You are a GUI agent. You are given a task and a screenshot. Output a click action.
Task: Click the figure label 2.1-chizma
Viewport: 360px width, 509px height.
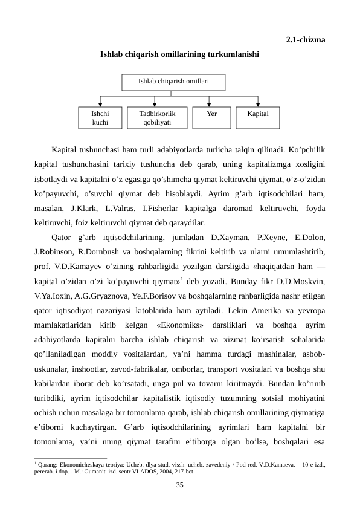coord(305,41)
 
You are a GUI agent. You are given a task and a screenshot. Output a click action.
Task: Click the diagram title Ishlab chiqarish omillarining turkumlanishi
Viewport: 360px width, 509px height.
coord(180,54)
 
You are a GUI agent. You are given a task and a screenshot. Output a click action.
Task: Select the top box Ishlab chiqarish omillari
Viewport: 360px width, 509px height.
coord(173,81)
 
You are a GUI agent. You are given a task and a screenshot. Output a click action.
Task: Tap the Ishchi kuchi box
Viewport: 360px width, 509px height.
coord(100,118)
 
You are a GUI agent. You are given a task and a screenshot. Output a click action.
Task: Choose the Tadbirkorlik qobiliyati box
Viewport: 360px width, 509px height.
coord(157,118)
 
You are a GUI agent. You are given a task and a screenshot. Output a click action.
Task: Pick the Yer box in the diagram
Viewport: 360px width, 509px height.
coord(211,118)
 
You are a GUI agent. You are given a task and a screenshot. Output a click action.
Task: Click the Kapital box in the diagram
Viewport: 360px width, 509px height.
coord(258,118)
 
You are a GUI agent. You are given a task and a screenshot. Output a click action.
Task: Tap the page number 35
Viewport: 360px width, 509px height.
coord(180,485)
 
